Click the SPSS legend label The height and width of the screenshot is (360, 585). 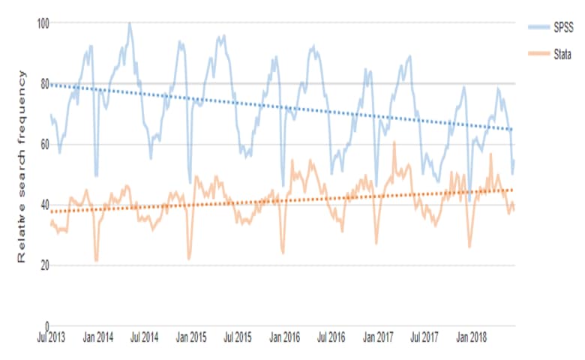[x=563, y=28]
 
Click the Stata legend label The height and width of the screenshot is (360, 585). [x=563, y=54]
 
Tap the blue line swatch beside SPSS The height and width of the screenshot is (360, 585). [x=538, y=28]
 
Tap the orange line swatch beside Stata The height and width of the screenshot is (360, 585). [x=538, y=54]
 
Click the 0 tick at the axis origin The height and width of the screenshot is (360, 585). [x=46, y=325]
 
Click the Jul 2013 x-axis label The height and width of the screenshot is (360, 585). [x=51, y=337]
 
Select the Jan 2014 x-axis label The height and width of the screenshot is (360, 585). [x=97, y=337]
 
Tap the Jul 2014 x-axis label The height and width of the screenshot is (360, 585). [x=144, y=337]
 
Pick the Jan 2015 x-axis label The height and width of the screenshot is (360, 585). [x=190, y=337]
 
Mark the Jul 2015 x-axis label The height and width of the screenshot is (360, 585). [x=237, y=337]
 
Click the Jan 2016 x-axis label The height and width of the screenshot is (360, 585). [x=284, y=337]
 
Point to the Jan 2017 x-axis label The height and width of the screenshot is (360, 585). [x=377, y=337]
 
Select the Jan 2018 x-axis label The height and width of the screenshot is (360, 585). [x=470, y=337]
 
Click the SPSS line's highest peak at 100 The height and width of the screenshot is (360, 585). [x=129, y=23]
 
